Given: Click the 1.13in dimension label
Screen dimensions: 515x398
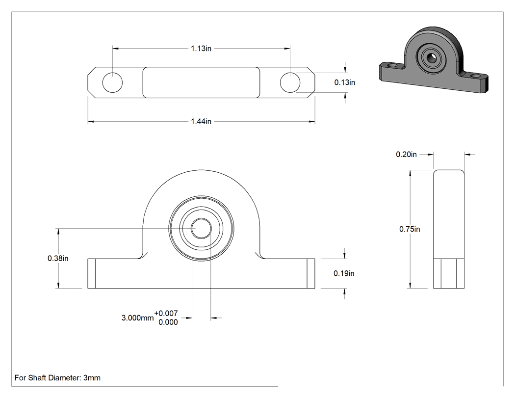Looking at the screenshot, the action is [x=201, y=48].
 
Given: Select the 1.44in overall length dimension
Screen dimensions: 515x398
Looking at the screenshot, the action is [x=201, y=121].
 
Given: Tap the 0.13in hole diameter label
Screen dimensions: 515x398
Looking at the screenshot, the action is [x=344, y=82].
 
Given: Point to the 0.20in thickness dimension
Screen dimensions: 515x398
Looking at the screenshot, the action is [x=406, y=154].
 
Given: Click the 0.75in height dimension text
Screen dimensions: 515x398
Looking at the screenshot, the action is [x=410, y=229].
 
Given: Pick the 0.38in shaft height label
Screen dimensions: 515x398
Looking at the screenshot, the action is [x=58, y=258].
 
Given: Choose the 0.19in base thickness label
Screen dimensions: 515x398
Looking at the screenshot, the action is [x=344, y=273].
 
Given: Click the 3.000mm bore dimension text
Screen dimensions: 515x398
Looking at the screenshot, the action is [x=138, y=318].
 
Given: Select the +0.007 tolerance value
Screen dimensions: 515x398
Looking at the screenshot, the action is [x=166, y=313].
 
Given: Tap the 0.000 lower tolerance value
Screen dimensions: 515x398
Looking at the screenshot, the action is [x=168, y=322].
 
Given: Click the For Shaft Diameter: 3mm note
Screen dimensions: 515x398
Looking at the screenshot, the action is [x=57, y=377].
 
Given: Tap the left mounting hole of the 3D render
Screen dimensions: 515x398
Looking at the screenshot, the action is [x=392, y=66].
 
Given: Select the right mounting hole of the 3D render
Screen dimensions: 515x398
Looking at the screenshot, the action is [x=475, y=76].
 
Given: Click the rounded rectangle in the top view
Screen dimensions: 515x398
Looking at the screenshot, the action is [x=201, y=82].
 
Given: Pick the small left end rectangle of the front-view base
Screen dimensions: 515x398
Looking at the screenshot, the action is [x=92, y=273].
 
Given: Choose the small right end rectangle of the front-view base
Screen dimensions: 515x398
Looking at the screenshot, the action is [x=311, y=273].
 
